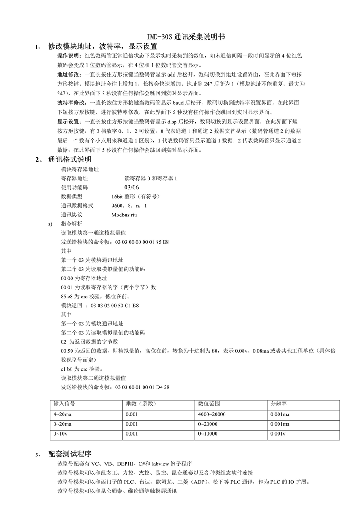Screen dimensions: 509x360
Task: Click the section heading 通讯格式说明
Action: coord(70,160)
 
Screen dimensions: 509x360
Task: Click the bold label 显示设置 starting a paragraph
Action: coord(68,122)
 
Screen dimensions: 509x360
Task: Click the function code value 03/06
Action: coord(132,187)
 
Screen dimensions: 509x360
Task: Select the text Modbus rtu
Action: coord(124,215)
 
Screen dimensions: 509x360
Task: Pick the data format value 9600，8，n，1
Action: coord(129,206)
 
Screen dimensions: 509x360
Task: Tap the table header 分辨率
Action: coord(279,404)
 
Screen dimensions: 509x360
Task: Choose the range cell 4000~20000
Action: coord(212,414)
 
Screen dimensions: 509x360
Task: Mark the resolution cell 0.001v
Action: coord(278,434)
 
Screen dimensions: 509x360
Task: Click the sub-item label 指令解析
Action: coord(72,224)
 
